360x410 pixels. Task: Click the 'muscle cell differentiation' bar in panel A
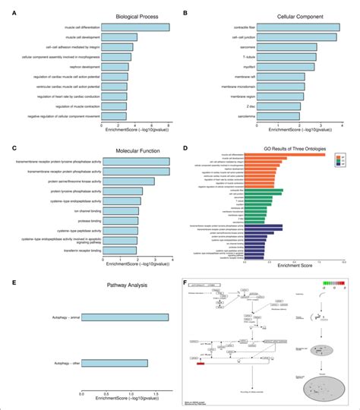[136, 27]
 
